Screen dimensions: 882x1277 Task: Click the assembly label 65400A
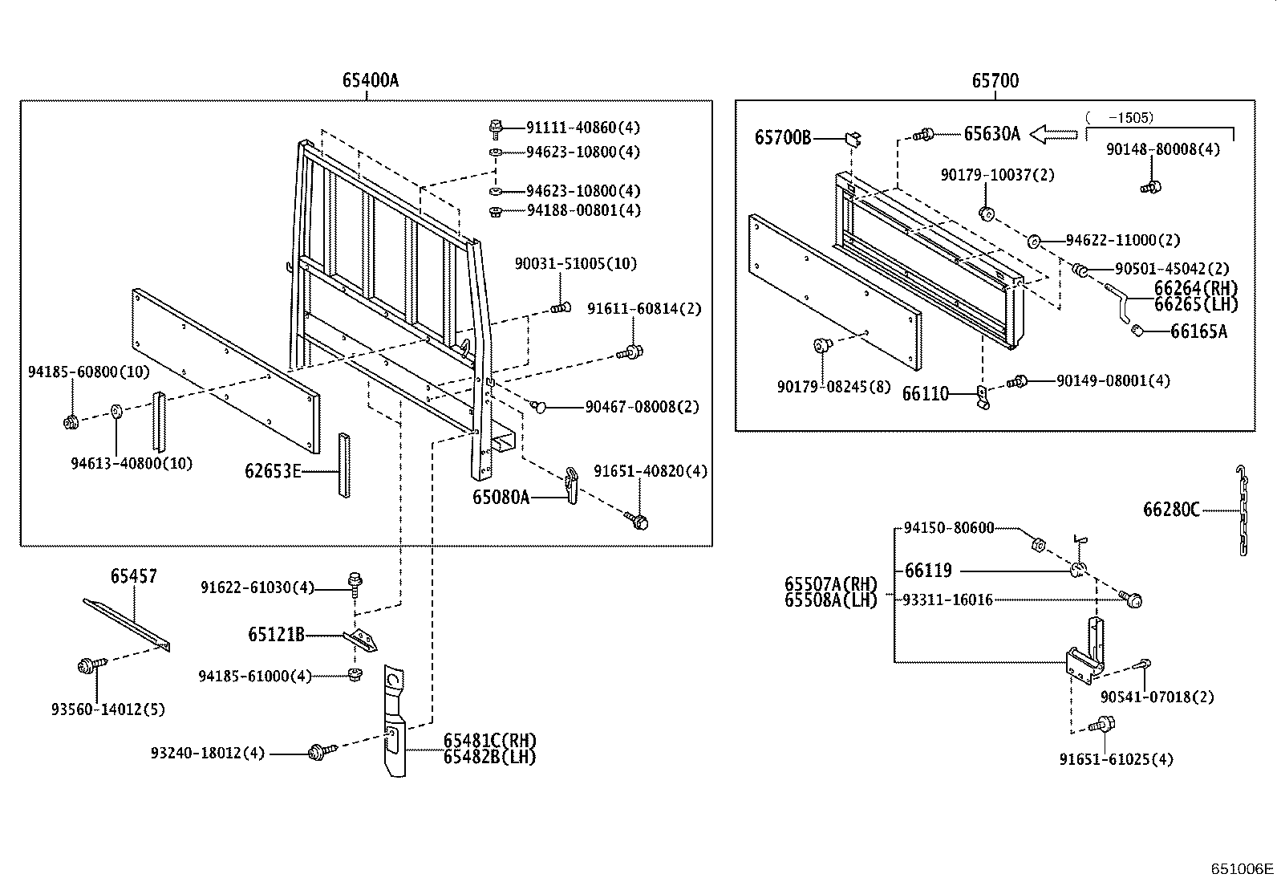click(x=370, y=80)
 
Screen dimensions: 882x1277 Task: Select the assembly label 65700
click(x=995, y=80)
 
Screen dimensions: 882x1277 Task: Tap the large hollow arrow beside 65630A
click(x=1052, y=134)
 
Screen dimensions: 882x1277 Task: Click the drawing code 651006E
click(x=1242, y=868)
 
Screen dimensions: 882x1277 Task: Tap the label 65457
click(x=133, y=575)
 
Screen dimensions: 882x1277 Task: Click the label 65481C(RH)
click(x=490, y=740)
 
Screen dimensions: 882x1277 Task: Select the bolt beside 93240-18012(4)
click(x=318, y=752)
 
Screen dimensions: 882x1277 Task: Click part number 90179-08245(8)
click(x=833, y=386)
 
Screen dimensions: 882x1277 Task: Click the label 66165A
click(x=1198, y=331)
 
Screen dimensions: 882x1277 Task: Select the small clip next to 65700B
click(x=853, y=139)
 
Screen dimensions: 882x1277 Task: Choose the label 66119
click(x=928, y=571)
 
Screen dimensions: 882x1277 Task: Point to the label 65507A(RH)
click(x=830, y=583)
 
